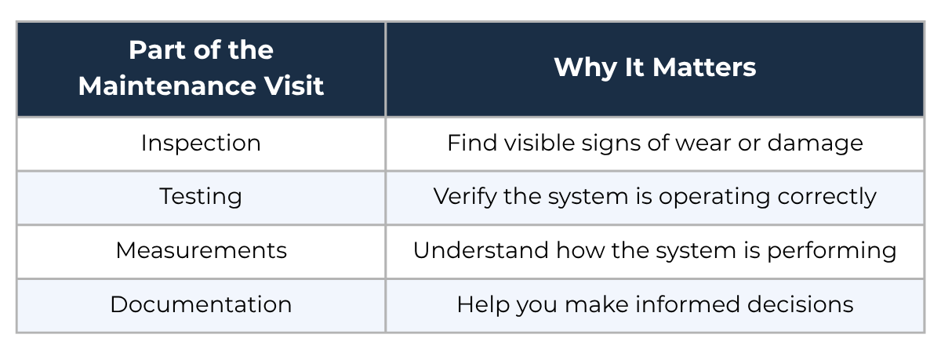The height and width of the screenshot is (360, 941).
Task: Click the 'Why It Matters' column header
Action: (655, 68)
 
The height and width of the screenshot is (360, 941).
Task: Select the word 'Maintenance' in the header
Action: (167, 86)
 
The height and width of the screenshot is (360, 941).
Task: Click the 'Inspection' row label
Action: (201, 144)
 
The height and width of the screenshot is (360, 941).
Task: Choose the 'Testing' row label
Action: (201, 198)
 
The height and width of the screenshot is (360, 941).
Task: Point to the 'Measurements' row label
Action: (202, 251)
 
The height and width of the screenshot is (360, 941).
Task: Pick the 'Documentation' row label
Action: (201, 304)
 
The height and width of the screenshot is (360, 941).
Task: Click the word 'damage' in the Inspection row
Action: (815, 144)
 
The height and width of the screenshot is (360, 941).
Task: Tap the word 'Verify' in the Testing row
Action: (465, 198)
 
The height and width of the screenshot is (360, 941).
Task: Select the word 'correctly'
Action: (827, 198)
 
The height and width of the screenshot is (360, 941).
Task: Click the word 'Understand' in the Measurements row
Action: (481, 251)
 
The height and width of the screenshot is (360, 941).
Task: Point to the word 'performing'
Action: (832, 252)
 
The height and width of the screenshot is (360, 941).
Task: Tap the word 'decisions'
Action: (801, 304)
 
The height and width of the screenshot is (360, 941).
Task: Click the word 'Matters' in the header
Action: (704, 68)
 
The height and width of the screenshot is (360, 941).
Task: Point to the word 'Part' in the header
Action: (157, 50)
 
